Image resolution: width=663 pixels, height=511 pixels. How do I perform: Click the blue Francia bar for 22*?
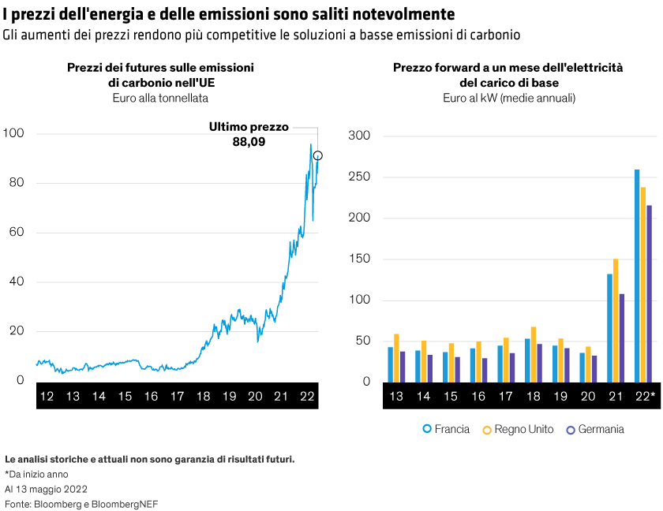tap(638, 276)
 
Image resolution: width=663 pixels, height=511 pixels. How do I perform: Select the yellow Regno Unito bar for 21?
tap(616, 321)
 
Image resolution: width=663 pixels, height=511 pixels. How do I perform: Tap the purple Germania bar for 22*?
tap(650, 293)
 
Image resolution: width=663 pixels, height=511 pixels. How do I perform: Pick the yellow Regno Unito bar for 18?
tap(534, 354)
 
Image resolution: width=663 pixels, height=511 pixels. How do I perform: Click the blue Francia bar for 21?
tap(609, 328)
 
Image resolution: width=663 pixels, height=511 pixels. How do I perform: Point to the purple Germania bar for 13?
tap(403, 367)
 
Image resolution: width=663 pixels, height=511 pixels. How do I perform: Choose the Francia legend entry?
tap(446, 429)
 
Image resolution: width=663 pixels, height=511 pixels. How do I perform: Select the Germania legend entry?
tap(594, 429)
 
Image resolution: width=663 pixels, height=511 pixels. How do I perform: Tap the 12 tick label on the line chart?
tap(47, 396)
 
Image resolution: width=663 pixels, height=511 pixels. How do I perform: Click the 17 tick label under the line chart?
tap(177, 396)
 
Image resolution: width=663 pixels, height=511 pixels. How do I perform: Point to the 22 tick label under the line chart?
tap(306, 396)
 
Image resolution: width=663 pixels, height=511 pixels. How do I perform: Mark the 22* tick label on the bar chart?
tap(646, 396)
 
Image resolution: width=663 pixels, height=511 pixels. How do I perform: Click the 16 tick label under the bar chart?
tap(478, 396)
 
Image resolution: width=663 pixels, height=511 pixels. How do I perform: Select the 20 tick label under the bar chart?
tap(588, 396)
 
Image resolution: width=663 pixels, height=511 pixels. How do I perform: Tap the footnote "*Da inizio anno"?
tap(36, 474)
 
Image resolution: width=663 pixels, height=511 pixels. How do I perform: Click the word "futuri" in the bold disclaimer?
tap(278, 458)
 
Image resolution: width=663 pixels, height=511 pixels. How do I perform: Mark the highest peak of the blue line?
tap(311, 144)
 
